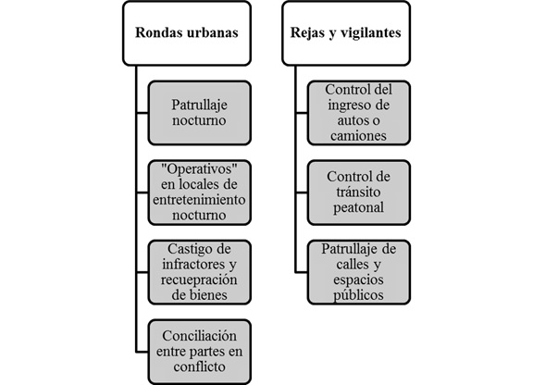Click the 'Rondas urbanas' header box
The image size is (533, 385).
tap(187, 33)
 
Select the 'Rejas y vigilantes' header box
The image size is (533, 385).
tap(346, 33)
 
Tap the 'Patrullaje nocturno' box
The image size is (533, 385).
tap(200, 113)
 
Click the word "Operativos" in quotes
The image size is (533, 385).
tap(199, 168)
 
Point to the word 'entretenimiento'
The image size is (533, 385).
tap(199, 199)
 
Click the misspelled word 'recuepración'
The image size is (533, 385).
tap(199, 279)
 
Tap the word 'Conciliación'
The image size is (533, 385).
tap(200, 336)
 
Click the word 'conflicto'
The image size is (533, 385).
tap(200, 366)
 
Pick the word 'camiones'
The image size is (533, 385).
tap(359, 136)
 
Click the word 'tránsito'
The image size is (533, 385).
tap(359, 192)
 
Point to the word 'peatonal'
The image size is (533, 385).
tap(359, 207)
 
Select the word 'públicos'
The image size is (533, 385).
tap(359, 295)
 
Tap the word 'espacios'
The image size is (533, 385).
tap(359, 279)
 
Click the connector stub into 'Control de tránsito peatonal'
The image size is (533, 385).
tap(301, 192)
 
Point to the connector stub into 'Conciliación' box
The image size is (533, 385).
tap(142, 352)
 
